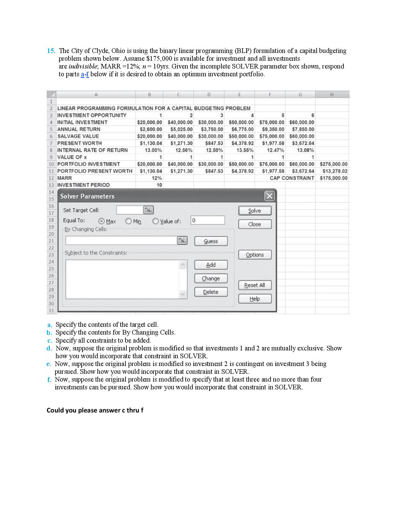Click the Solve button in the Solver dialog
point(255,211)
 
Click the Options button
point(255,255)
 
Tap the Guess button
point(211,241)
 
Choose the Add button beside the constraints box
point(211,265)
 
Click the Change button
point(211,278)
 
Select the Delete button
point(211,292)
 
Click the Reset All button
point(255,285)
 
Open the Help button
point(255,299)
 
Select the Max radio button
point(102,221)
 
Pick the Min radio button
point(129,221)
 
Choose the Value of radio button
point(156,221)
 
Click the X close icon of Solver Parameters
point(269,196)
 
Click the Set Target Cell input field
point(129,210)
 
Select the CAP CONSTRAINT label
point(292,178)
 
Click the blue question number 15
point(51,51)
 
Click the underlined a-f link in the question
point(85,74)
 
